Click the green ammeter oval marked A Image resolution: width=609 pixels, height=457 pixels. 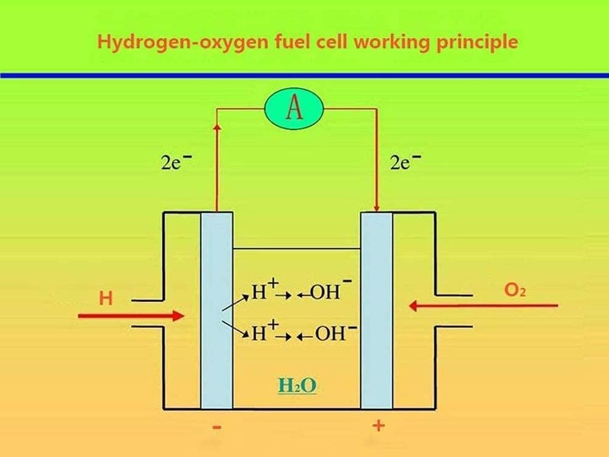294,110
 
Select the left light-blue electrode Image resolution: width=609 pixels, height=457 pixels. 217,310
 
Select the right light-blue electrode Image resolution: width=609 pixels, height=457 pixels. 377,310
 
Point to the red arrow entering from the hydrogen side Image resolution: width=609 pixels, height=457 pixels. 131,315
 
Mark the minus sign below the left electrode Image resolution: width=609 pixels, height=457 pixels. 217,428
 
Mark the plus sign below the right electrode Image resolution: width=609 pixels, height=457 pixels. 378,425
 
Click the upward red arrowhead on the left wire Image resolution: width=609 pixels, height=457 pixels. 217,128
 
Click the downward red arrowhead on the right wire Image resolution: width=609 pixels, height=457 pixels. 377,207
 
